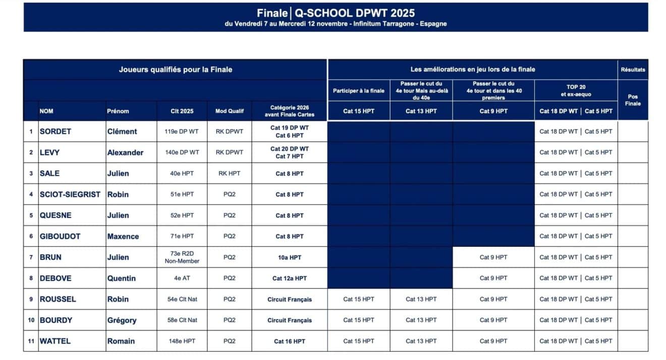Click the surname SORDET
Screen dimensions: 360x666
[55, 131]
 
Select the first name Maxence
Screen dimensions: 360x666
[123, 236]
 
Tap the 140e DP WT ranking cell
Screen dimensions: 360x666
[182, 152]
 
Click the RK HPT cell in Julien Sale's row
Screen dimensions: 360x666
[229, 173]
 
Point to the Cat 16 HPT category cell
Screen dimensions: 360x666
[289, 341]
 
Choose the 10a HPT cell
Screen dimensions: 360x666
[289, 258]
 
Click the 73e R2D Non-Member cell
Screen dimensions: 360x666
[182, 258]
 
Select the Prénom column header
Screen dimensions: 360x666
[118, 111]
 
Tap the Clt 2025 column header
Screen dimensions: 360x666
[182, 111]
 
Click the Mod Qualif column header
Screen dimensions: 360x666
[229, 111]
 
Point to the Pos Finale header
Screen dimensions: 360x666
[632, 100]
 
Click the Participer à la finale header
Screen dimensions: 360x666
[358, 91]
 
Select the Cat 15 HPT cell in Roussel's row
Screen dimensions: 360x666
[359, 299]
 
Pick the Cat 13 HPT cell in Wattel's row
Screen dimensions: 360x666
[421, 341]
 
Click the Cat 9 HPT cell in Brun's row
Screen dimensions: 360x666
[493, 258]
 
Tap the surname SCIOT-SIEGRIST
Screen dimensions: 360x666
[70, 194]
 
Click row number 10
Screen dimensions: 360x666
[31, 320]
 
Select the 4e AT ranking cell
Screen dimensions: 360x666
[182, 278]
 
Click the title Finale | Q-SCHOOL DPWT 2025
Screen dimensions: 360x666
[336, 13]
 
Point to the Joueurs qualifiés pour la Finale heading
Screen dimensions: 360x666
[175, 70]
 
